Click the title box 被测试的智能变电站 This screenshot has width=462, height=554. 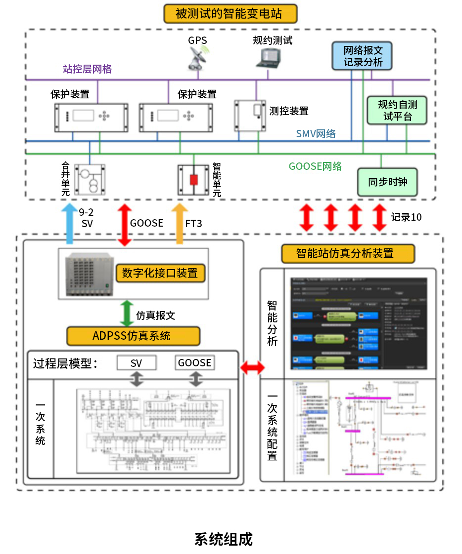pos(230,13)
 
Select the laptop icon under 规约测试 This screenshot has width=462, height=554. pos(268,57)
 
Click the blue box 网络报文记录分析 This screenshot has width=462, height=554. pos(363,56)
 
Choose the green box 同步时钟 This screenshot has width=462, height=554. pos(387,182)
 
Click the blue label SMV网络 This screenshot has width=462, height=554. pos(316,133)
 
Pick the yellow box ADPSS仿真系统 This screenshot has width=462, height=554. pos(133,336)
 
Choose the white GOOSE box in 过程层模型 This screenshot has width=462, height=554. pos(195,363)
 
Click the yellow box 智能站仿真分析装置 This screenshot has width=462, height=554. pos(347,253)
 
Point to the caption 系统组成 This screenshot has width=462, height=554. pos(224,539)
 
